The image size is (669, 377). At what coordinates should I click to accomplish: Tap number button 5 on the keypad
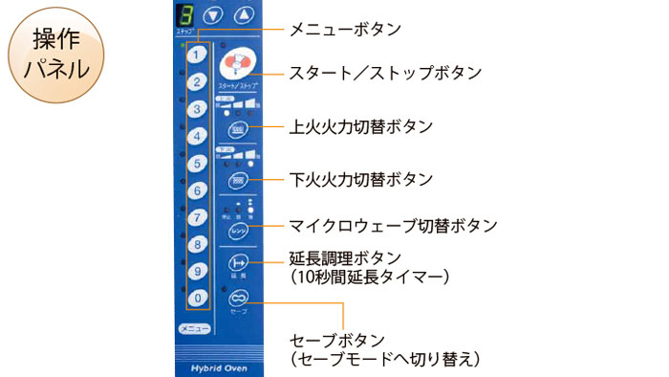pos(195,164)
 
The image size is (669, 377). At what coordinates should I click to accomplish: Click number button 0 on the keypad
pos(195,299)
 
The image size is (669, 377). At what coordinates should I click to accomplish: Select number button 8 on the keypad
pos(195,245)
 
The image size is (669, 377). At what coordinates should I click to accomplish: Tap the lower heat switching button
pos(238,180)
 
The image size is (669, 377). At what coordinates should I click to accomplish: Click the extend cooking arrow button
pos(238,262)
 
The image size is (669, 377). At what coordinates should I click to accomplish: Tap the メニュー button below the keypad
pos(194,329)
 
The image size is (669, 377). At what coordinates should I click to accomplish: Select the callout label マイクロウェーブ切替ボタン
pos(393,226)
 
